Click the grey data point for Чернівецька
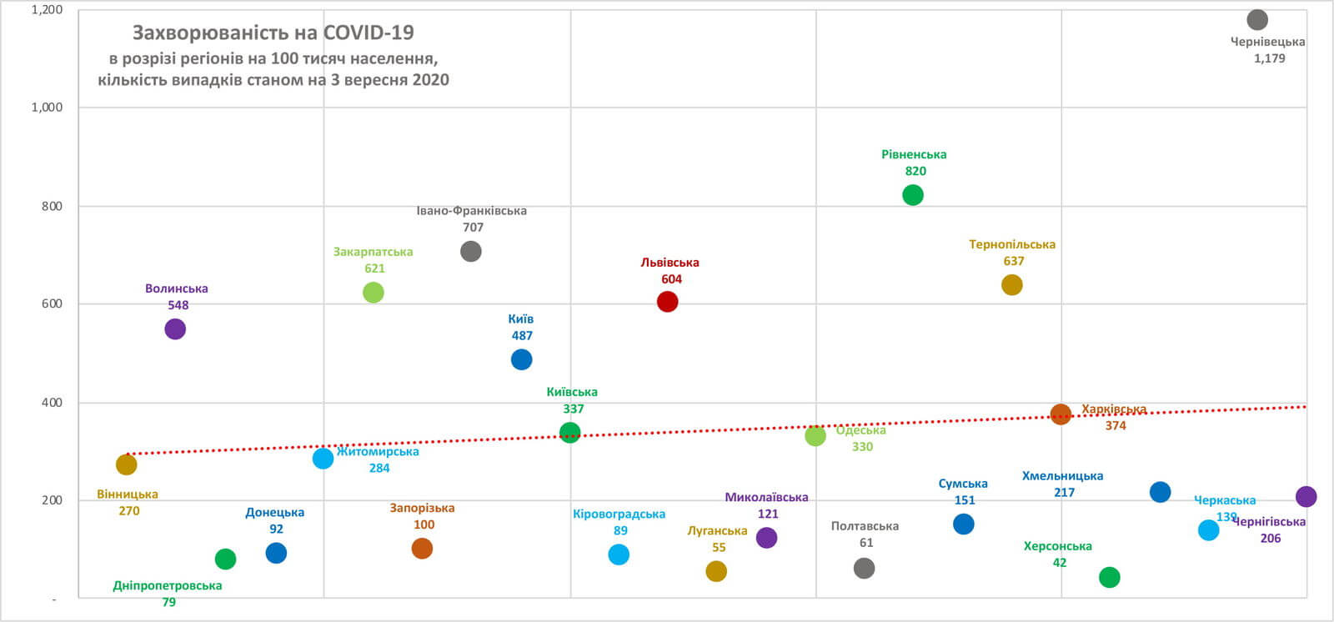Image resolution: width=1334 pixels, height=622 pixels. tap(1257, 20)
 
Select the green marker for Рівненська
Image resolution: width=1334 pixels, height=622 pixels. tap(913, 195)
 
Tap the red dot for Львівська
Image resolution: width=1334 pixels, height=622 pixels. tap(667, 302)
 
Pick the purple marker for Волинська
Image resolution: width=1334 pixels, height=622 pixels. tap(175, 329)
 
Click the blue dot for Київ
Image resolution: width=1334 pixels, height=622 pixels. tap(521, 359)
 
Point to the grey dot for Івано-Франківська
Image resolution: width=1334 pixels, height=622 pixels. tap(471, 251)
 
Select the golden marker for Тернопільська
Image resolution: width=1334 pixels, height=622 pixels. tap(1011, 285)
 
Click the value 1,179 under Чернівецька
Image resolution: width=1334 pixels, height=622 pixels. tap(1269, 58)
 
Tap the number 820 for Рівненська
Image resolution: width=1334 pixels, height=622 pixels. tap(915, 171)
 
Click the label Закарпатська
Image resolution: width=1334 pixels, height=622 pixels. tap(373, 252)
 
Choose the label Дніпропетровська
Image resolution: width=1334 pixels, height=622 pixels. tap(168, 585)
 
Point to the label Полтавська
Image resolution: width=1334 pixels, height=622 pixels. tap(865, 526)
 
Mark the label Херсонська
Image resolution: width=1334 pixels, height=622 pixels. tap(1057, 546)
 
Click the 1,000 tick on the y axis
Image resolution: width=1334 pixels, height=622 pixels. tap(47, 108)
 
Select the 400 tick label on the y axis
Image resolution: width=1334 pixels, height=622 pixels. tap(52, 403)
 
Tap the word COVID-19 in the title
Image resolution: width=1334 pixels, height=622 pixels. tap(369, 33)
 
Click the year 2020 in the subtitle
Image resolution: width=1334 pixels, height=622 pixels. tap(429, 80)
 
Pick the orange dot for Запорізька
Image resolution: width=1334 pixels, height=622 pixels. tap(422, 549)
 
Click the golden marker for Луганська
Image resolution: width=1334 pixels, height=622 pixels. tap(716, 571)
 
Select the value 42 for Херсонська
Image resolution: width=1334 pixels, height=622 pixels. tap(1059, 563)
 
